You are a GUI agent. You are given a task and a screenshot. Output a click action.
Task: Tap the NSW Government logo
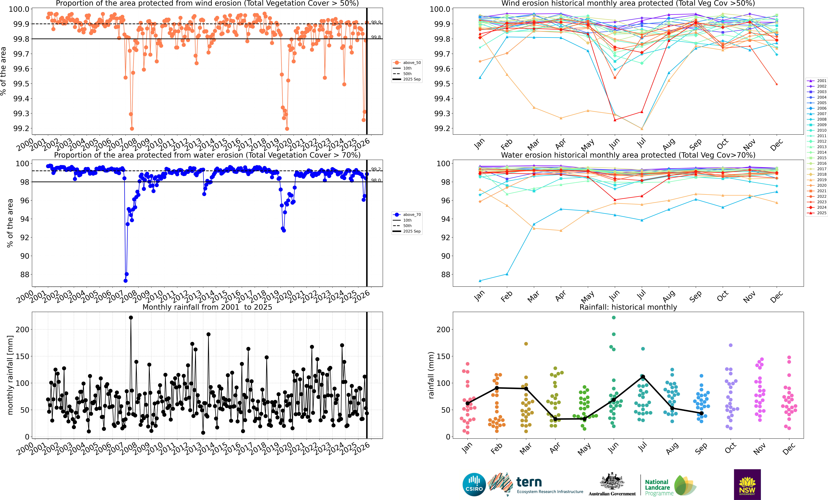coord(747,484)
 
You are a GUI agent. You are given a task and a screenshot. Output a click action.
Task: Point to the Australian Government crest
coord(612,482)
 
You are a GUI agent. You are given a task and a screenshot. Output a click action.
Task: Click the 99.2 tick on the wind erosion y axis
coord(21,128)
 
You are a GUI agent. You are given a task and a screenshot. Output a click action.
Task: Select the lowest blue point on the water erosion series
coord(125,281)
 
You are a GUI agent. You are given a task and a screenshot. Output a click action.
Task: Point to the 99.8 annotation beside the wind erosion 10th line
coord(376,37)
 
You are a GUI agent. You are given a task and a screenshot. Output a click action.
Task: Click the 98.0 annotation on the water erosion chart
coord(376,181)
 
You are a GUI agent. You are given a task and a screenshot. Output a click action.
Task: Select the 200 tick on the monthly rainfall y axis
coord(23,330)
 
